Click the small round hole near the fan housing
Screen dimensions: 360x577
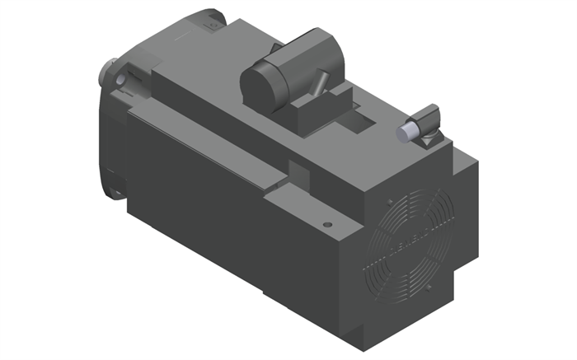tap(327, 224)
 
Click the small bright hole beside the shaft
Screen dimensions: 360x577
tap(123, 81)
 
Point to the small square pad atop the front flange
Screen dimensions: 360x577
tap(208, 26)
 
